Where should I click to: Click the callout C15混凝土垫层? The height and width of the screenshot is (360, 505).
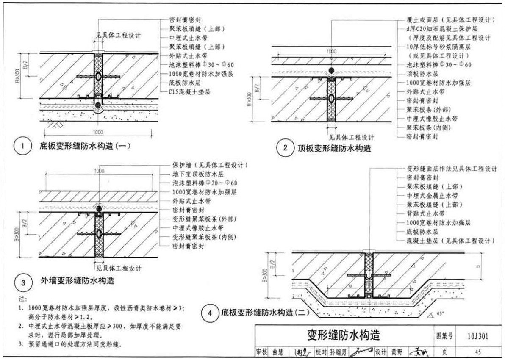coord(190,91)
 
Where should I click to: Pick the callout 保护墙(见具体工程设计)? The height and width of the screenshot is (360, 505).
coord(210,165)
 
